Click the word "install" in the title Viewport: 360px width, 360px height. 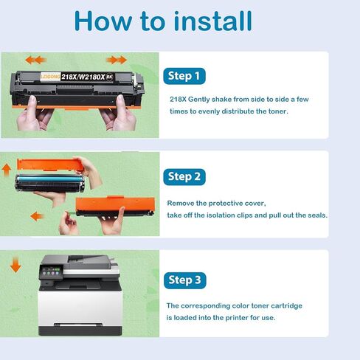(x=213, y=21)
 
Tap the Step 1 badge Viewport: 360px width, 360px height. (x=184, y=76)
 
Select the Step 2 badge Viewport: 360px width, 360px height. (x=184, y=177)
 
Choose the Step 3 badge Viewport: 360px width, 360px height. (x=184, y=280)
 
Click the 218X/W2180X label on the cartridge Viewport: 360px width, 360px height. (x=83, y=77)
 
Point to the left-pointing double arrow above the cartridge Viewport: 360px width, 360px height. (x=36, y=60)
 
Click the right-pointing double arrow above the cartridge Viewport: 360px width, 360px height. (x=117, y=60)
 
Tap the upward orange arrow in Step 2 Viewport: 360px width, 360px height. (x=7, y=170)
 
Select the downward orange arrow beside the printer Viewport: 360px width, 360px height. (x=15, y=265)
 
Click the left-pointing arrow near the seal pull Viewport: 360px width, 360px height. (x=37, y=216)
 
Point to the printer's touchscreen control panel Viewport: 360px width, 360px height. (x=50, y=271)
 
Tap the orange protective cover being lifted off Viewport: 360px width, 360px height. (x=51, y=165)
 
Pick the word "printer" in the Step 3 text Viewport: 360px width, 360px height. (x=237, y=318)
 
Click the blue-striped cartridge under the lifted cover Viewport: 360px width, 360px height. (x=50, y=184)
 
